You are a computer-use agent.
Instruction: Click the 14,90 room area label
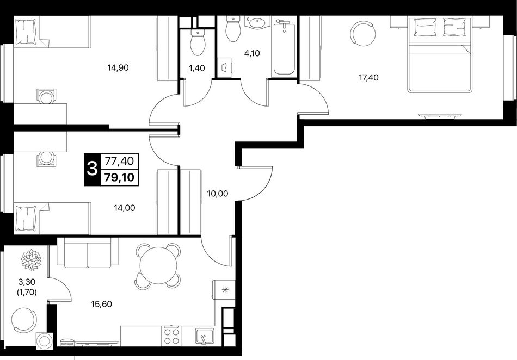click(x=118, y=68)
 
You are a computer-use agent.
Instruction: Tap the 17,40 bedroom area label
click(x=368, y=78)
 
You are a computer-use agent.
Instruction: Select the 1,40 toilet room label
click(x=196, y=68)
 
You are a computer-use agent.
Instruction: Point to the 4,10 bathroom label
click(x=252, y=53)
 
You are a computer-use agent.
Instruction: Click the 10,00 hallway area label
click(x=217, y=194)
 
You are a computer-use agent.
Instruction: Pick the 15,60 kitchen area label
click(x=101, y=304)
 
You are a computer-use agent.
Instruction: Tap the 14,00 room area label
click(x=124, y=208)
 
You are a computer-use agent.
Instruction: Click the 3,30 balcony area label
click(x=27, y=282)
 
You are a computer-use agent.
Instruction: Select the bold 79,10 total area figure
click(x=119, y=177)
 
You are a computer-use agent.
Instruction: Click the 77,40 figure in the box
click(x=119, y=161)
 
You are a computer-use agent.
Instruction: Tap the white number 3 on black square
click(x=91, y=170)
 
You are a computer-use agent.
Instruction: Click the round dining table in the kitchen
click(x=158, y=265)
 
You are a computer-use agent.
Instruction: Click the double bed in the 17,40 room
click(x=440, y=55)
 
